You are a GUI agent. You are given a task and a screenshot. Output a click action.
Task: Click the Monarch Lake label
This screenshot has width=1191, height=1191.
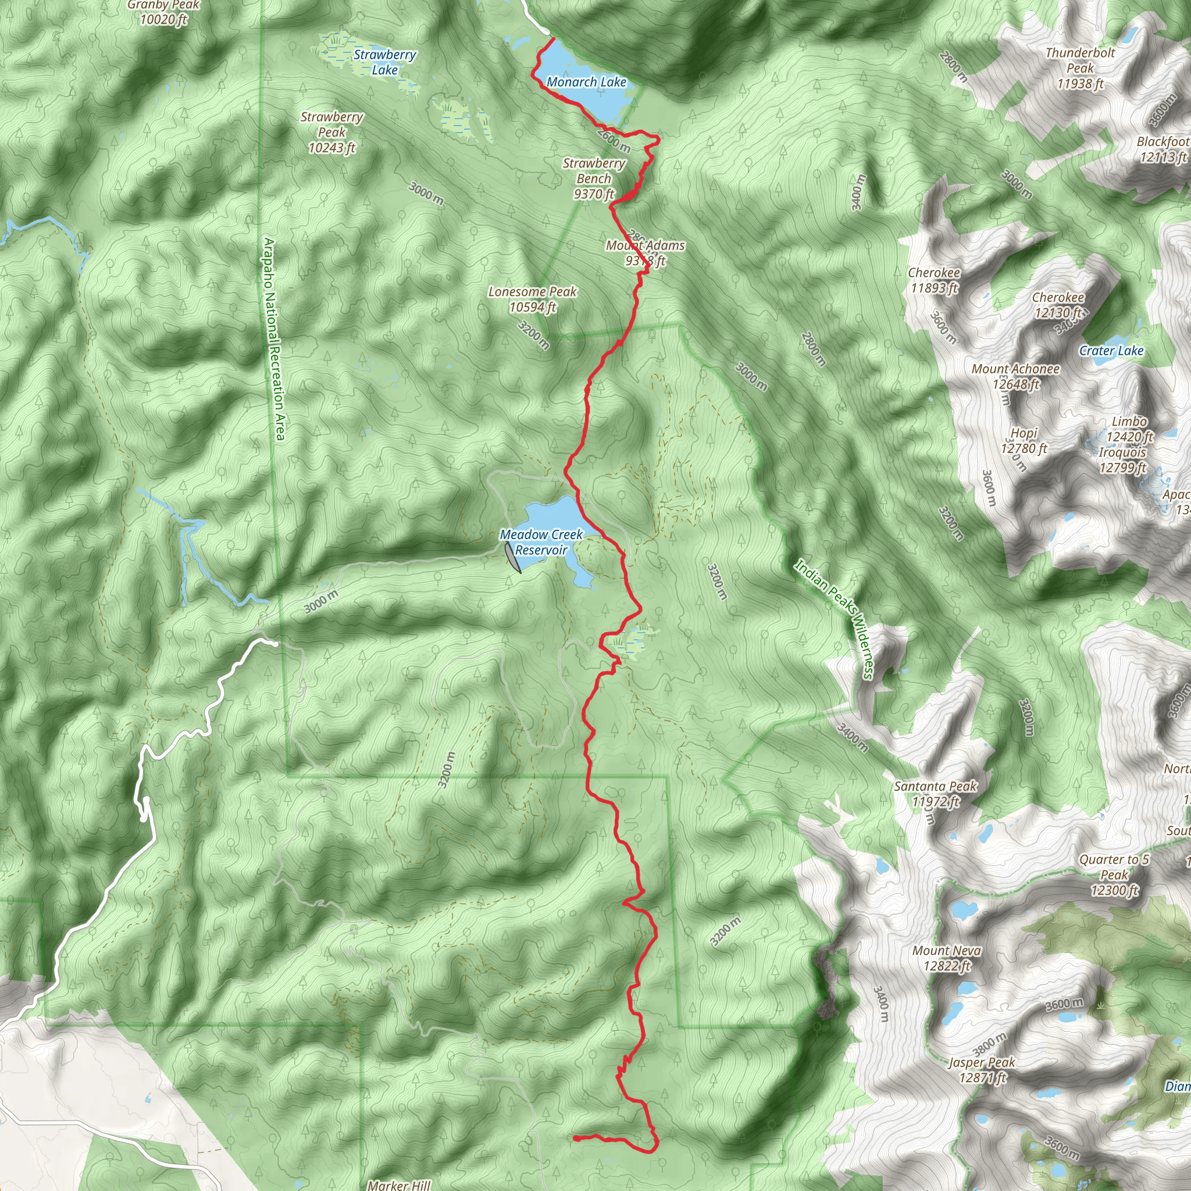tap(586, 82)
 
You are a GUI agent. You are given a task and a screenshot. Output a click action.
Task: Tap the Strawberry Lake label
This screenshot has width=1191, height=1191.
tap(384, 62)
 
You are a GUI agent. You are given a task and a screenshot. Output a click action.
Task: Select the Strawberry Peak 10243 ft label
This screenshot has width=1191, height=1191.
tap(331, 133)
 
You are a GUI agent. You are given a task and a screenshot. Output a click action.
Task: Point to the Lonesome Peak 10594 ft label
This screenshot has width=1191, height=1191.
tap(533, 299)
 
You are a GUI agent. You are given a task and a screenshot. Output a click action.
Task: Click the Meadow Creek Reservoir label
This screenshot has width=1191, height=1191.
tap(541, 543)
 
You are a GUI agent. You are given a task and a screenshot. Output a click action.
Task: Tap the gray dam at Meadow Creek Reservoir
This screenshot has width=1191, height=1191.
tap(512, 557)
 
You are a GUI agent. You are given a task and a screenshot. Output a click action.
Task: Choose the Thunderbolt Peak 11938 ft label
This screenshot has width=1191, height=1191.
tap(1080, 68)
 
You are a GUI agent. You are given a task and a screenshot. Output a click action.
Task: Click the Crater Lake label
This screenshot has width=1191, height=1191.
tap(1111, 351)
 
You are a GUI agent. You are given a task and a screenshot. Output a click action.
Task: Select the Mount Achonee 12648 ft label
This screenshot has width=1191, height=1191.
tap(1015, 377)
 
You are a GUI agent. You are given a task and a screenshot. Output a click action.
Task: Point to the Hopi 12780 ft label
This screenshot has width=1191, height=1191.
tap(1024, 441)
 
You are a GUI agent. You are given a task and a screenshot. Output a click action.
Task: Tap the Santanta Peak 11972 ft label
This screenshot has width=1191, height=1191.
tap(935, 794)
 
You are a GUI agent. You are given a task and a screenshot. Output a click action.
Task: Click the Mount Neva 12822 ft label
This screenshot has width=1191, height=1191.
tap(947, 958)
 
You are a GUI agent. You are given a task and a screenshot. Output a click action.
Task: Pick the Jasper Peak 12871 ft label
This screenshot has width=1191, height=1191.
tap(982, 1070)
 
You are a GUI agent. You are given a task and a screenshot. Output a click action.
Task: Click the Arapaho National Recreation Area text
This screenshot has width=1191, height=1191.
tap(275, 339)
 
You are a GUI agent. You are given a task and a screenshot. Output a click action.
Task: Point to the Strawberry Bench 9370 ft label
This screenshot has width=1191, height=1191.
tap(594, 179)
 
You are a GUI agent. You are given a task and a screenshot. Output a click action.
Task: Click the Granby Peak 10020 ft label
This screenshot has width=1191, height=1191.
tap(163, 12)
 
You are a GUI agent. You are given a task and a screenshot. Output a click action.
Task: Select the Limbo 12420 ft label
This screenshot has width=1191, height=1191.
tap(1129, 429)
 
